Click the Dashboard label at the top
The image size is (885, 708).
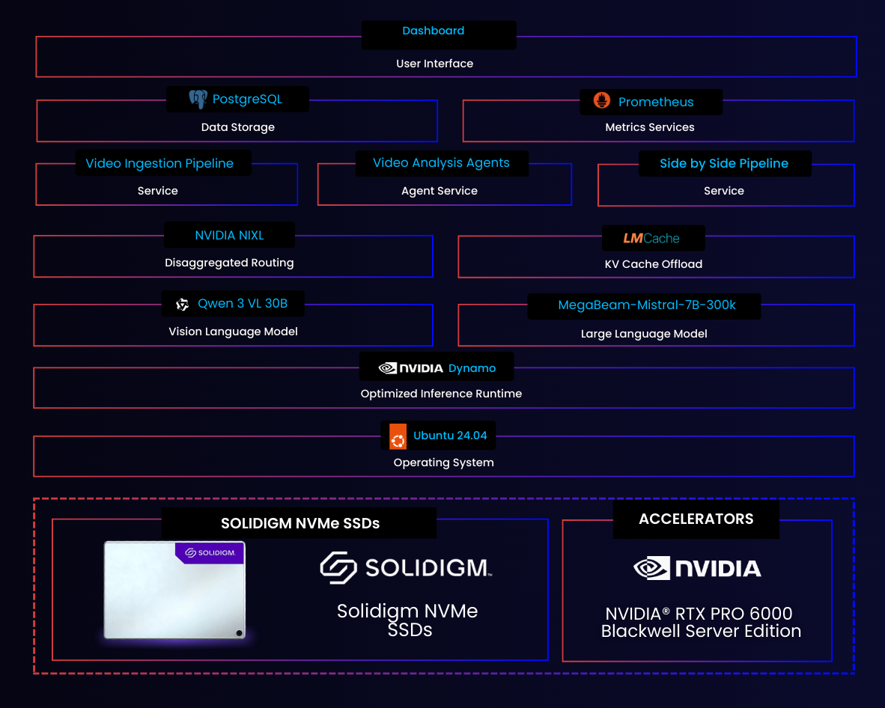pos(433,31)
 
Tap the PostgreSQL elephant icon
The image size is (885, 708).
pos(198,99)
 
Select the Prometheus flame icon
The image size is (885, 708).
pos(602,101)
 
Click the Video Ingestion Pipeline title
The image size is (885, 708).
pos(159,163)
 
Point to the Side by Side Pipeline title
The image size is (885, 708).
pos(723,163)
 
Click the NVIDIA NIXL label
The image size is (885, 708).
pos(229,235)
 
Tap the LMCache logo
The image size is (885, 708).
pos(651,239)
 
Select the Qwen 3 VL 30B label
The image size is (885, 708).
pos(242,304)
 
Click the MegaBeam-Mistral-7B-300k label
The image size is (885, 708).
pos(647,305)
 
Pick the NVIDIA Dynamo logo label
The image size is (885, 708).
pos(437,368)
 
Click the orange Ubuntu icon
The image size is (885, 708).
pos(398,436)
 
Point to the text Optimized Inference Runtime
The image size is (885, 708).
pos(441,394)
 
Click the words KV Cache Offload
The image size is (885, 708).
pos(653,263)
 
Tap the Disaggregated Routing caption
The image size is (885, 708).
pos(229,263)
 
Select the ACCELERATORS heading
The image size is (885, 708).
pos(696,519)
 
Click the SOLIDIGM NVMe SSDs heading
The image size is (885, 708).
pos(299,523)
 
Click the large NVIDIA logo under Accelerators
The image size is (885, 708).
pos(697,568)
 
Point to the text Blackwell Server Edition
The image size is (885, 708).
pos(701,632)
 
